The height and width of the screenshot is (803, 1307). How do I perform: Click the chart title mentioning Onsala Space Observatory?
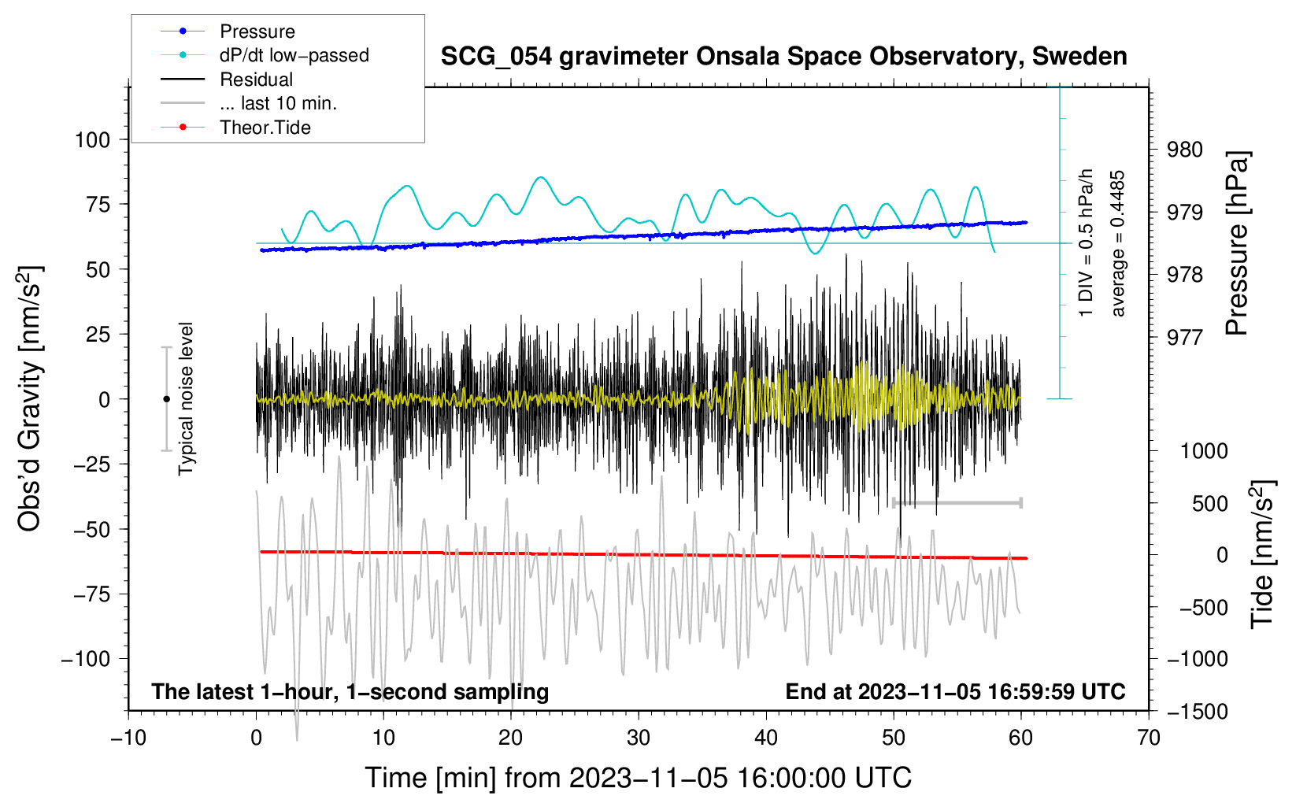point(783,57)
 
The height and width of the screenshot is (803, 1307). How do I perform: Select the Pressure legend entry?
point(257,31)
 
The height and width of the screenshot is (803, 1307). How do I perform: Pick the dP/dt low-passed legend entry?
point(294,55)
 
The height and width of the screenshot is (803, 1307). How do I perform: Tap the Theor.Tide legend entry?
point(265,128)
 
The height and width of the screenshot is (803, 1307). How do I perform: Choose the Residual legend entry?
point(256,80)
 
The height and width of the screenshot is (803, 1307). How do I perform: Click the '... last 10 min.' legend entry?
point(278,103)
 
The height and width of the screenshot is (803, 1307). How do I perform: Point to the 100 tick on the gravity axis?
point(92,140)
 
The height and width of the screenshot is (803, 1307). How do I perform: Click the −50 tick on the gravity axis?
point(88,529)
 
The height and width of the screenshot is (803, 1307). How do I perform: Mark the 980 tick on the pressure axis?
point(1184,150)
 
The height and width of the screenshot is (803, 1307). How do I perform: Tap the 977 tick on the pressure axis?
point(1184,338)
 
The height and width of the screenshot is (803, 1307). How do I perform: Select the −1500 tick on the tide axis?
point(1198,712)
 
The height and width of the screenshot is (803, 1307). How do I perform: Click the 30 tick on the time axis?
point(639,738)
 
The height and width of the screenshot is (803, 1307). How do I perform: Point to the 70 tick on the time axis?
point(1149,738)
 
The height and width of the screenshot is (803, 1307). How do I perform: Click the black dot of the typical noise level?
point(166,399)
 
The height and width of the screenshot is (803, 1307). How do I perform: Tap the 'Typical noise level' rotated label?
point(186,398)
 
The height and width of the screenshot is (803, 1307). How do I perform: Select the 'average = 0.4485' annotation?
point(1118,243)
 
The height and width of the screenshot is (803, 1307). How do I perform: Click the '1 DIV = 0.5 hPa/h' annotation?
point(1087,243)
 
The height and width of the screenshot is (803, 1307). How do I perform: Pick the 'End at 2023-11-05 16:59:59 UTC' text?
point(955,692)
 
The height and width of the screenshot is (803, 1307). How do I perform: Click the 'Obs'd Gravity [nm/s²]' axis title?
point(30,398)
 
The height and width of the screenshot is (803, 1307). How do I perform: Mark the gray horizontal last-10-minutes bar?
point(957,502)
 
